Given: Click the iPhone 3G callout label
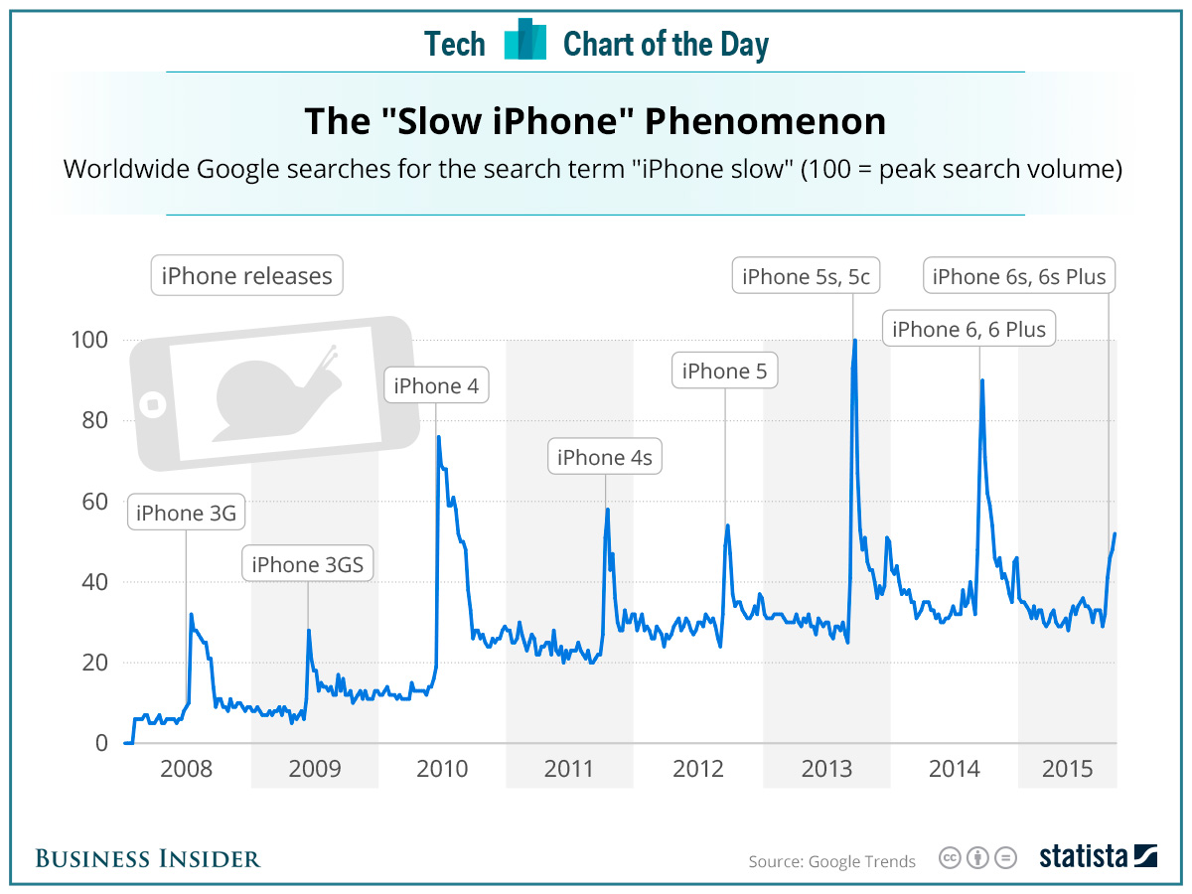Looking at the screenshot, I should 186,514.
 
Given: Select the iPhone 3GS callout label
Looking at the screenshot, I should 307,565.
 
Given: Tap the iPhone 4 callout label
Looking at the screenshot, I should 436,386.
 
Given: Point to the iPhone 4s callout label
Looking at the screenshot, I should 605,458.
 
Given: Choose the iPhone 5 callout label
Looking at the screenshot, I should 724,372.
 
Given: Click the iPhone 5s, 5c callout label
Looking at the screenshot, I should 806,277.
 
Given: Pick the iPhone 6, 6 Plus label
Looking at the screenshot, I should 968,329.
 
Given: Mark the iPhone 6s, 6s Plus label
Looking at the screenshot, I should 1019,277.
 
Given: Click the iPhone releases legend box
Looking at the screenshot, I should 246,276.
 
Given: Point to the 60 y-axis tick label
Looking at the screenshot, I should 89,502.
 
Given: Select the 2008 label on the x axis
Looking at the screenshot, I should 187,769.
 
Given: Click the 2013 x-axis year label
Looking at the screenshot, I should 826,769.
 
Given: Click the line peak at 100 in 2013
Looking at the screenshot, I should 854,342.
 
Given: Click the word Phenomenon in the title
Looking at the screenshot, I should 765,121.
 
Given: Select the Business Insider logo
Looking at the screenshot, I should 148,858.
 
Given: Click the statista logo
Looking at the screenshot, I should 1098,856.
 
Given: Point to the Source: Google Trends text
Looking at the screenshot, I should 832,861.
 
